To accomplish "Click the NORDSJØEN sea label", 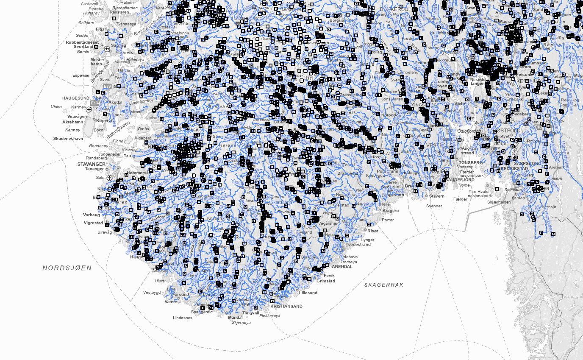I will tap(67, 268).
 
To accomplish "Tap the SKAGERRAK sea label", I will tap(384, 285).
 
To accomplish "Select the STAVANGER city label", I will tap(91, 164).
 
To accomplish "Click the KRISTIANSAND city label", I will tap(286, 306).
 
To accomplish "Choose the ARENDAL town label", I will tap(330, 267).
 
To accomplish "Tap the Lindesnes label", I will tap(183, 318).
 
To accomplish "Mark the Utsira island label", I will tap(56, 107).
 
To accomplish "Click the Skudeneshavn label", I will tap(68, 139).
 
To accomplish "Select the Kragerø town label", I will tap(391, 211).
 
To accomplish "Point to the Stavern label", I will tap(436, 196).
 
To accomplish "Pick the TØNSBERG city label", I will tap(471, 162).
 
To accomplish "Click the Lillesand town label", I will tap(308, 293).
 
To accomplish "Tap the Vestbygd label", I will tap(152, 292).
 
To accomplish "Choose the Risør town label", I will tap(373, 231).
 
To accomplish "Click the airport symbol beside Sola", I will tap(109, 178).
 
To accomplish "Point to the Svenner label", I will tap(434, 206).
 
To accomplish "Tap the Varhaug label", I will tap(92, 215).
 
